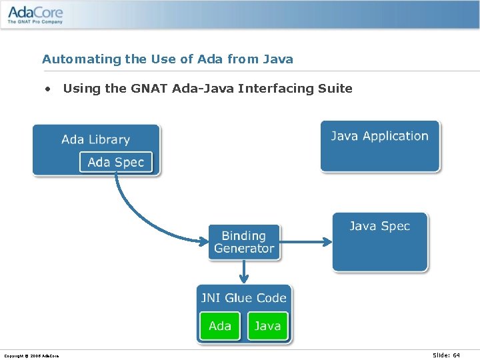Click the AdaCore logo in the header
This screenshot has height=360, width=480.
click(x=35, y=13)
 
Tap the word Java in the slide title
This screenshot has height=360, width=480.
click(x=278, y=59)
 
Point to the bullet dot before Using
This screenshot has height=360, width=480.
click(x=48, y=89)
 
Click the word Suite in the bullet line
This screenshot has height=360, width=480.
click(x=335, y=89)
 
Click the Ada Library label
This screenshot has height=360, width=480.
click(x=95, y=139)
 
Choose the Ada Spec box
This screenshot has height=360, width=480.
click(x=116, y=162)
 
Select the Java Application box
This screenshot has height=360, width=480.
click(x=380, y=146)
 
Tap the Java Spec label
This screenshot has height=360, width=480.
click(x=379, y=226)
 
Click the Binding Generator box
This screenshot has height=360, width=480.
click(x=244, y=242)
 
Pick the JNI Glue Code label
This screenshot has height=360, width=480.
click(x=244, y=298)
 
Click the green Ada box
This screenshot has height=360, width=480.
click(x=220, y=326)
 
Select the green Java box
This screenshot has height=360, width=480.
click(x=267, y=326)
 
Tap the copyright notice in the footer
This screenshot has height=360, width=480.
click(x=31, y=356)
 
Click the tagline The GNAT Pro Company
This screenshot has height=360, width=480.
click(x=35, y=22)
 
